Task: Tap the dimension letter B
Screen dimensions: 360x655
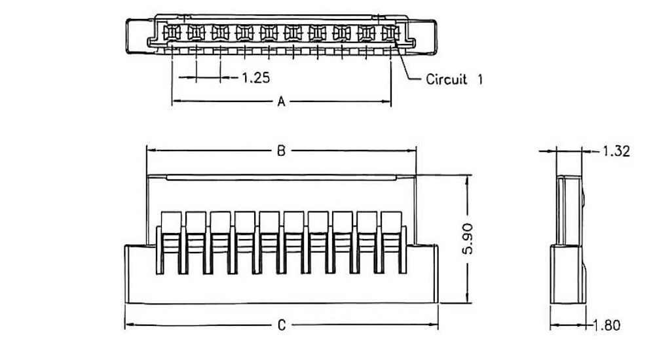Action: (281, 151)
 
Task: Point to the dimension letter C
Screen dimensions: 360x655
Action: (281, 325)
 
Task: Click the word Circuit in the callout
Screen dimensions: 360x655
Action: (447, 80)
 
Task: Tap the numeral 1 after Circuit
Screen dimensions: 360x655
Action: (479, 80)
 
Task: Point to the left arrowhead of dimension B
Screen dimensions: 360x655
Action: (149, 151)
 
